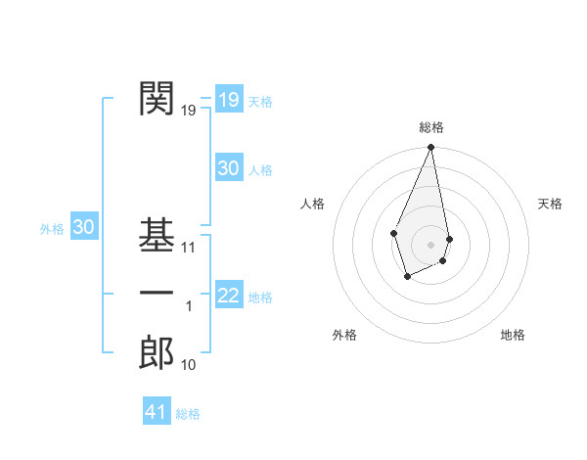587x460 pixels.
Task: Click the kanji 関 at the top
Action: pos(157,98)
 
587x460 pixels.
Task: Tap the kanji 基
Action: pos(157,235)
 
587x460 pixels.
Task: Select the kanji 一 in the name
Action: pos(157,294)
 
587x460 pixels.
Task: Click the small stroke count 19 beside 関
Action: pos(189,111)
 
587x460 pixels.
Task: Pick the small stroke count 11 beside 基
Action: pos(189,248)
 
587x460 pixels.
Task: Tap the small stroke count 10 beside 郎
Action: pos(189,365)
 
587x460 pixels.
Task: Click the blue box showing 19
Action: pos(229,99)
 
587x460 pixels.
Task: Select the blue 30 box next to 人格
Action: pos(229,168)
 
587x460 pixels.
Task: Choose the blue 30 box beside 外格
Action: pos(84,227)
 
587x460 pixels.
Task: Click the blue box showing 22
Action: pos(229,296)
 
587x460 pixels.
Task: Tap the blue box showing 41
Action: pos(157,412)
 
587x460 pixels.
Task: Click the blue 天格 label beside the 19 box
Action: pos(260,102)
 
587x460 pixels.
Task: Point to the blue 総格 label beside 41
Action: pos(188,414)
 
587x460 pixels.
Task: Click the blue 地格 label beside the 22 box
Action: pos(260,298)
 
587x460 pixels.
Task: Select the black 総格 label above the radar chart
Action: pos(431,127)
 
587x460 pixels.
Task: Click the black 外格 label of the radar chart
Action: pos(344,335)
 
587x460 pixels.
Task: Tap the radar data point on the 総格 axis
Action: pos(430,148)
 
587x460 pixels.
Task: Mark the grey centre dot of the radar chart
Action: pos(430,244)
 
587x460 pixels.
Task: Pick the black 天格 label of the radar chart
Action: pos(551,204)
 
